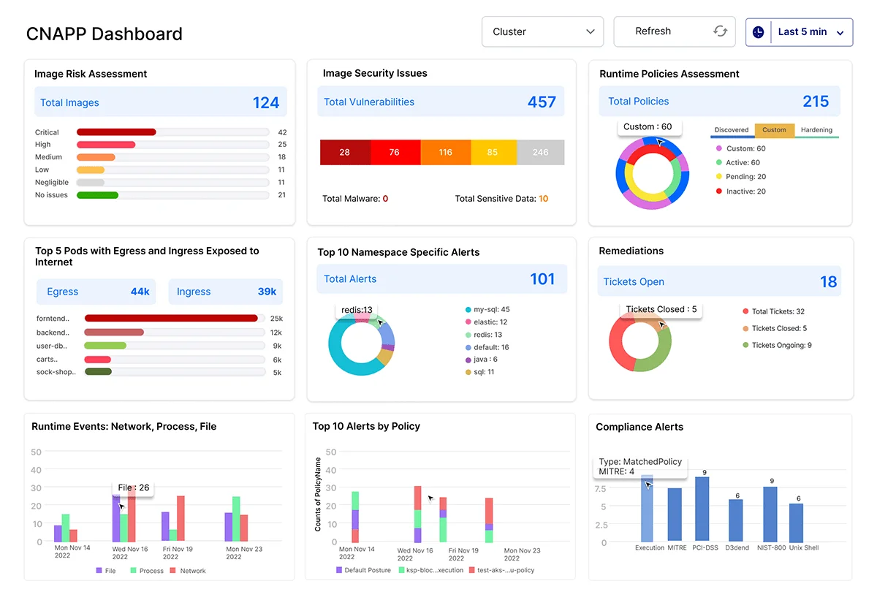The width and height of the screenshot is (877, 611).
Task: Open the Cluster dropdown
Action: pyautogui.click(x=542, y=32)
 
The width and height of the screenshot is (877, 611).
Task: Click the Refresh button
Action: pyautogui.click(x=674, y=31)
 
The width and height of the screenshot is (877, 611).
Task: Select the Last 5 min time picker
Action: pyautogui.click(x=799, y=32)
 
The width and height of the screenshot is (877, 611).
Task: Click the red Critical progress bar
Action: pyautogui.click(x=116, y=132)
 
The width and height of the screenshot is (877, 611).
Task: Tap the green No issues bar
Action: pyautogui.click(x=97, y=195)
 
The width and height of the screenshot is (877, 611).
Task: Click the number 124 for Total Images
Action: pyautogui.click(x=266, y=103)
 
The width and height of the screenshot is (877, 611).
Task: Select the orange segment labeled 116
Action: pyautogui.click(x=446, y=153)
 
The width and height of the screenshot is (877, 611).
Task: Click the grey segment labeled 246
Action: pyautogui.click(x=540, y=153)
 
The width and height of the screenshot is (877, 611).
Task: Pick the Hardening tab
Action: pyautogui.click(x=816, y=130)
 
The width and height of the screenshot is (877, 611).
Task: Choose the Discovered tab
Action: pyautogui.click(x=732, y=130)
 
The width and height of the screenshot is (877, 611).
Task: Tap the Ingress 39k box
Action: pyautogui.click(x=226, y=292)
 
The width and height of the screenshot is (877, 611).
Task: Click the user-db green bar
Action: pyautogui.click(x=105, y=346)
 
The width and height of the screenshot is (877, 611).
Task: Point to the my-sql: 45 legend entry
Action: pyautogui.click(x=490, y=309)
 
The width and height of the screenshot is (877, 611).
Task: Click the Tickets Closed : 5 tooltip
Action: pyautogui.click(x=661, y=309)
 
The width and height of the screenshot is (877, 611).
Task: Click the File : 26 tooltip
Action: pyautogui.click(x=133, y=487)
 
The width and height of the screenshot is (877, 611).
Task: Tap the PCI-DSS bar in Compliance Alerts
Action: pyautogui.click(x=702, y=509)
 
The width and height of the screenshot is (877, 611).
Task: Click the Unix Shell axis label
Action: pyautogui.click(x=800, y=547)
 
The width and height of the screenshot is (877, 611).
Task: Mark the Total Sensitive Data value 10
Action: pyautogui.click(x=543, y=199)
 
